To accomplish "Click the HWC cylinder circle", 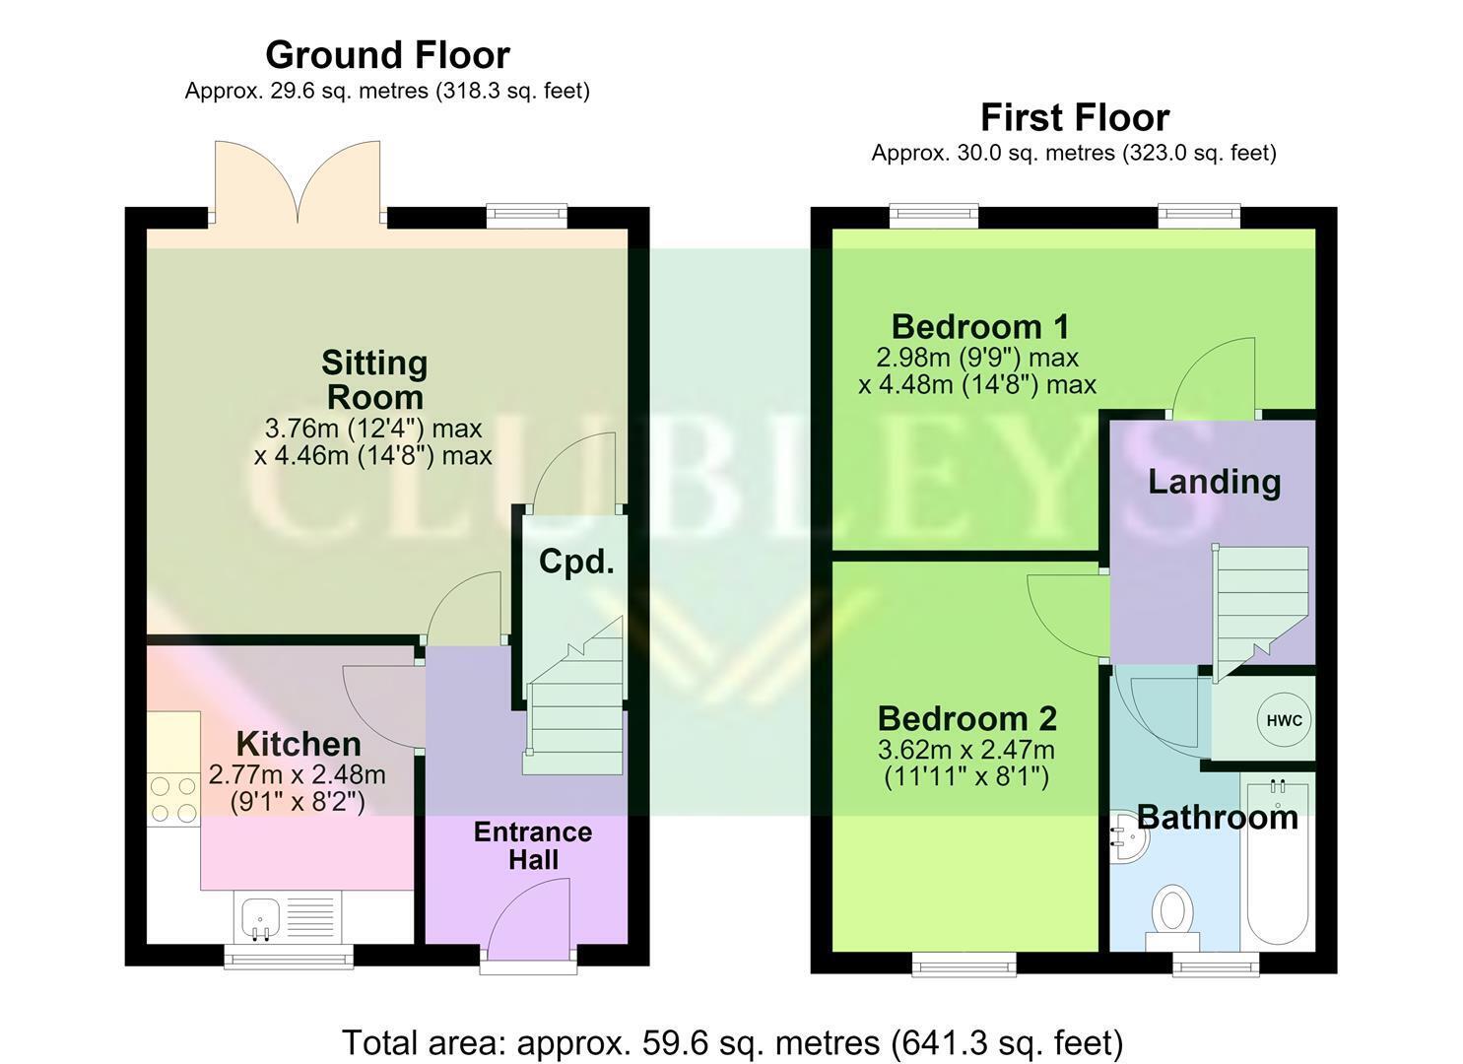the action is pos(1284,720).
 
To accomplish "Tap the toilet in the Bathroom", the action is pos(1172,917).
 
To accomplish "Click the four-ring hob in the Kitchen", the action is pos(174,799).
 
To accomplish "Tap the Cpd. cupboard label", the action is pos(576,561).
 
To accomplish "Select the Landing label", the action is pos(1214,482).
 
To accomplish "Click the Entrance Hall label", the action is pos(533,845).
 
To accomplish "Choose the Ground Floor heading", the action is pos(387,55).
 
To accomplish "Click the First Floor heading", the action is pos(1075,117).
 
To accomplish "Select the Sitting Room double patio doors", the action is pos(298,183).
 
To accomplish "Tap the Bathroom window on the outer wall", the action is pos(1216,964).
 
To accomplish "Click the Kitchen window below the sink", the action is pos(289,956).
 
